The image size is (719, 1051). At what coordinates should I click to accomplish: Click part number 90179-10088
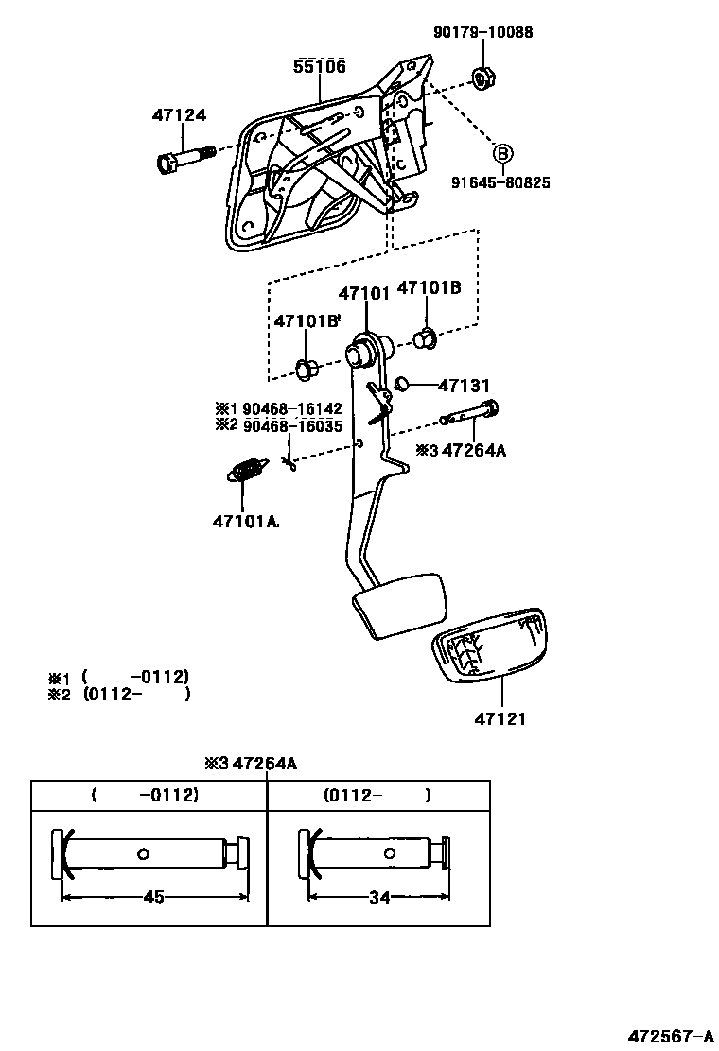[482, 31]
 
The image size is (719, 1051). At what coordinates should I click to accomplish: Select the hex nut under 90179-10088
[483, 78]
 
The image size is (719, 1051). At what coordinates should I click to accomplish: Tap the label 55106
[320, 66]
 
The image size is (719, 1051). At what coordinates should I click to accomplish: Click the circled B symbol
[502, 153]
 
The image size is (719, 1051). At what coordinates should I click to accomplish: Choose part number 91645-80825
[500, 182]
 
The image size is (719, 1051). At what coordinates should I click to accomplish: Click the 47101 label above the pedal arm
[363, 294]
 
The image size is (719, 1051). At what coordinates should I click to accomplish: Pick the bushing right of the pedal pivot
[425, 338]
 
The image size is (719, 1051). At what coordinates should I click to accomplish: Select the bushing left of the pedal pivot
[307, 370]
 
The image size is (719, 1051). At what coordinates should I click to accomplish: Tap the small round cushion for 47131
[402, 384]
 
